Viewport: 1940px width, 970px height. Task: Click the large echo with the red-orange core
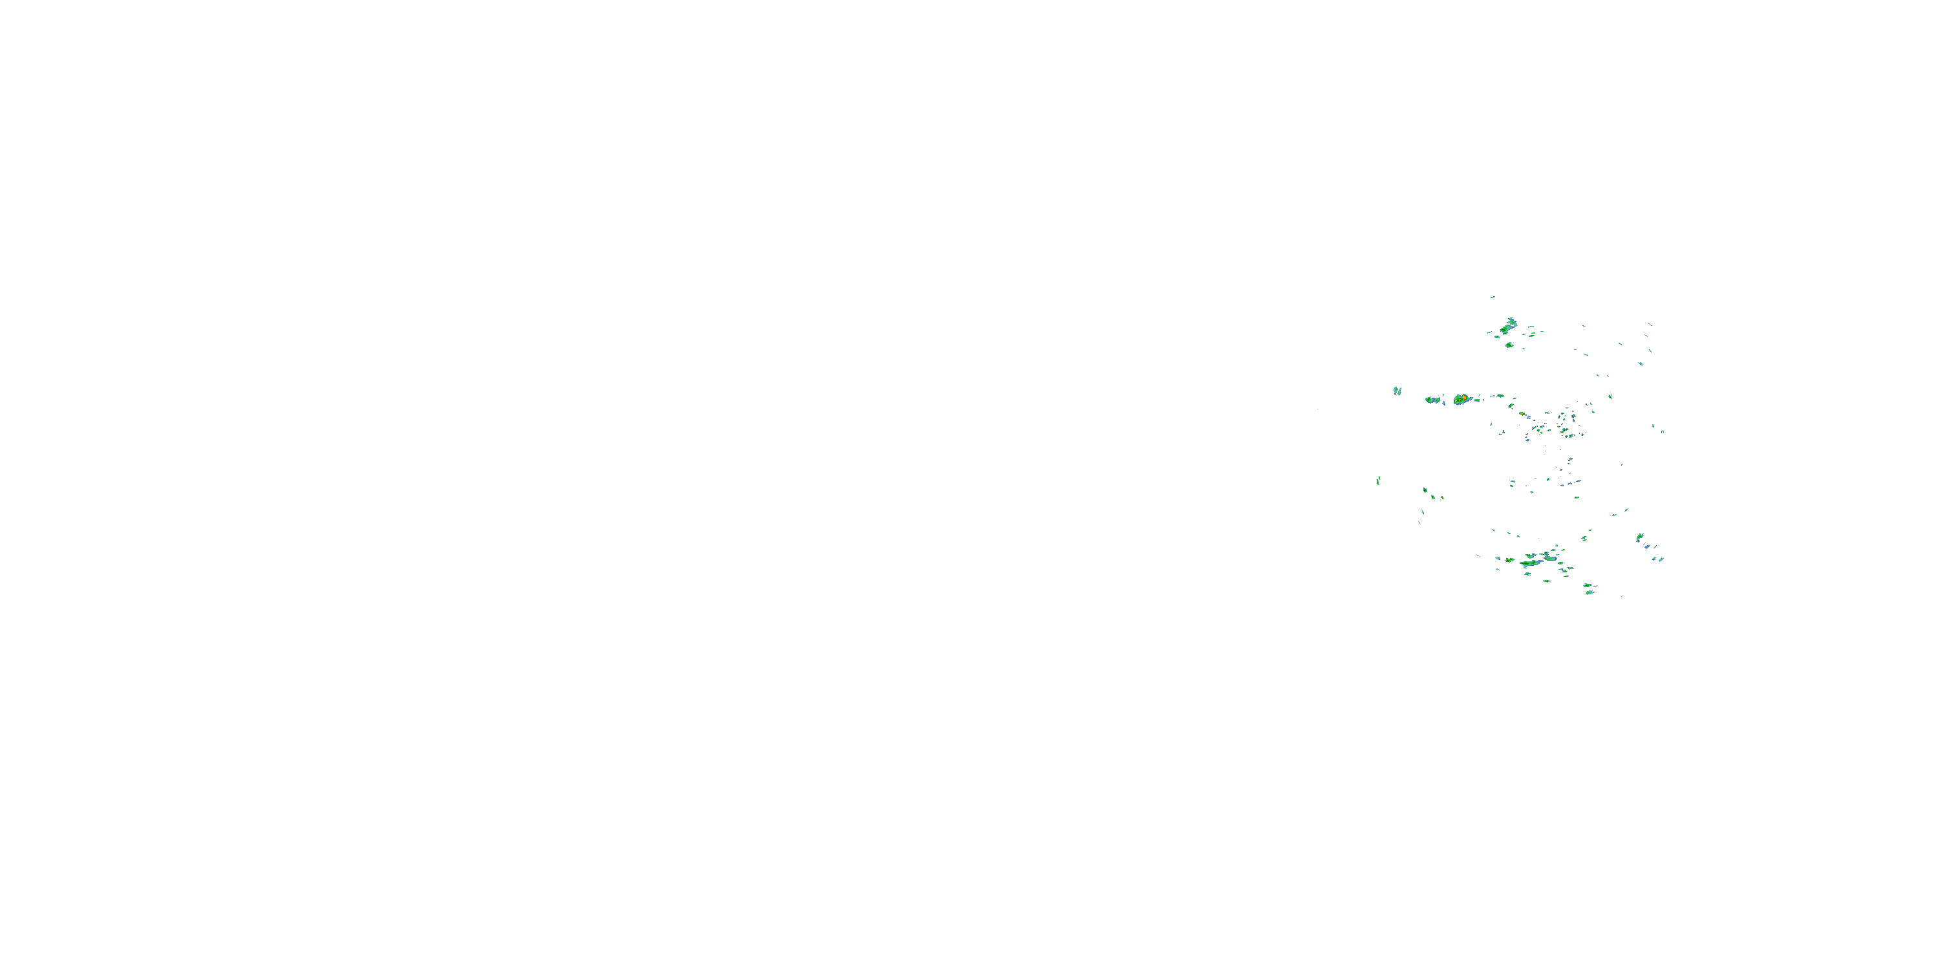pyautogui.click(x=1461, y=399)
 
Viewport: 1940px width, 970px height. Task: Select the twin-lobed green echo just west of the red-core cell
pyautogui.click(x=1432, y=400)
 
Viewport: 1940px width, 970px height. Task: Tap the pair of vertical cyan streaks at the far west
pyautogui.click(x=1397, y=391)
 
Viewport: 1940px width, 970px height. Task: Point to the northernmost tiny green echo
pyautogui.click(x=1492, y=297)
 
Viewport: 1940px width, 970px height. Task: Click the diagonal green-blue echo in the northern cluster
pyautogui.click(x=1509, y=327)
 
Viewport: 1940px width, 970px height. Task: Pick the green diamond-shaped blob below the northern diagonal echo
pyautogui.click(x=1509, y=345)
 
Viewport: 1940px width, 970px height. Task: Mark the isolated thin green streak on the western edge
pyautogui.click(x=1378, y=480)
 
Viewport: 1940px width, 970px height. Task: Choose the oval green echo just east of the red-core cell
pyautogui.click(x=1500, y=395)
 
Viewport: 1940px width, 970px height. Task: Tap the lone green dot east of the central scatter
pyautogui.click(x=1610, y=395)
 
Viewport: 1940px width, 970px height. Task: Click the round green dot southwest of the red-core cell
pyautogui.click(x=1425, y=490)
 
